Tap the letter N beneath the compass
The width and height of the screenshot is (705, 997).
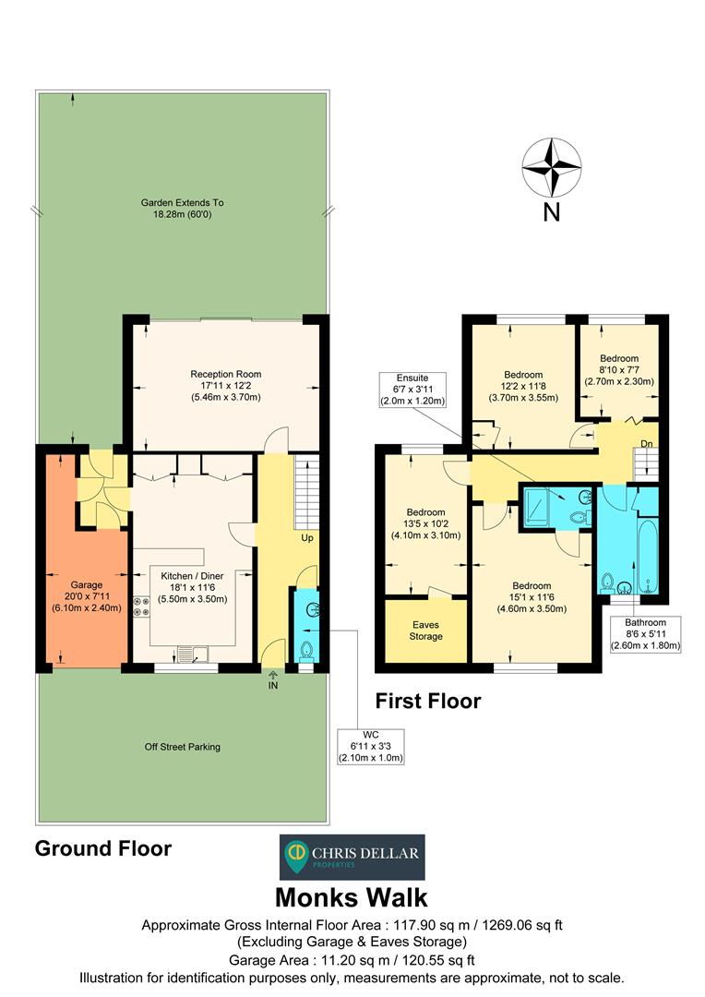551,212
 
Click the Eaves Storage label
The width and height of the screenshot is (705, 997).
425,631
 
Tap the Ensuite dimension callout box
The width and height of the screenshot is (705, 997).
412,390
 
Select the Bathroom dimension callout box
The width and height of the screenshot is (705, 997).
644,634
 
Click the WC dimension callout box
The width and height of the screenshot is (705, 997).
371,746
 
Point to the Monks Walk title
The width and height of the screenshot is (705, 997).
352,896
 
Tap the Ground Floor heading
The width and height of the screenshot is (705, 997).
102,848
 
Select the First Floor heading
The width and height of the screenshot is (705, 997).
427,701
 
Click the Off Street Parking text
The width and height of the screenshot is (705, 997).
183,747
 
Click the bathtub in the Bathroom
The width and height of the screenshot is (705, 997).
644,554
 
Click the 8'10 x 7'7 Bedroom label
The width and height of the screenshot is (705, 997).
618,369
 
